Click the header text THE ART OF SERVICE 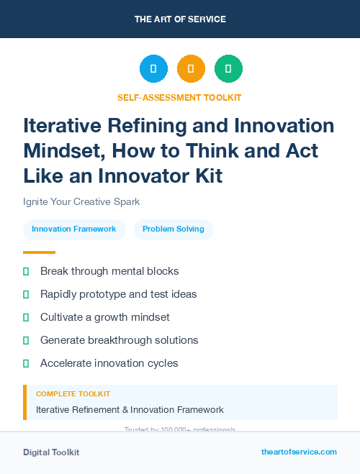180,19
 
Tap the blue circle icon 153,69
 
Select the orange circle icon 191,69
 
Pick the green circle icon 228,69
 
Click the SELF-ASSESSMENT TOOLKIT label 180,97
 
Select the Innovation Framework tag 74,229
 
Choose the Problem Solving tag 174,229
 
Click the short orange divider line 39,252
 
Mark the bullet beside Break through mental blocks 26,271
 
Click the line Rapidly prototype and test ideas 118,294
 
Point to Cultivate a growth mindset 104,317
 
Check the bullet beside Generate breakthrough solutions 26,340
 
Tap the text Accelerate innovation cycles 109,363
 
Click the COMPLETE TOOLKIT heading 73,394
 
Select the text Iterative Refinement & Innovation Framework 130,410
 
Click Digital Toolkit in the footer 51,452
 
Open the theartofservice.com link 299,452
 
